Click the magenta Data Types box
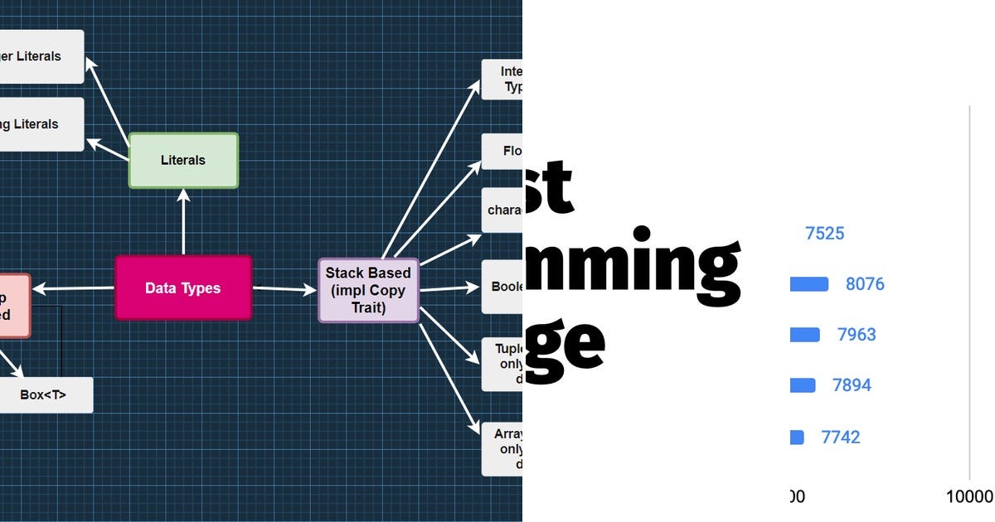(182, 288)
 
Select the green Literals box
(183, 160)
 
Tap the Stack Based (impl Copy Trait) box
(368, 289)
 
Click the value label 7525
(824, 234)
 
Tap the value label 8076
(865, 284)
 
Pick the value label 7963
(857, 335)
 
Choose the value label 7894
(852, 385)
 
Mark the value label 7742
(841, 437)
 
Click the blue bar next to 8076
(808, 284)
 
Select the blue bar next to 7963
(804, 335)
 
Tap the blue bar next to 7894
(802, 385)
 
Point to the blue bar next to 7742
(797, 437)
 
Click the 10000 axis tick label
(969, 496)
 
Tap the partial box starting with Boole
(502, 287)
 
